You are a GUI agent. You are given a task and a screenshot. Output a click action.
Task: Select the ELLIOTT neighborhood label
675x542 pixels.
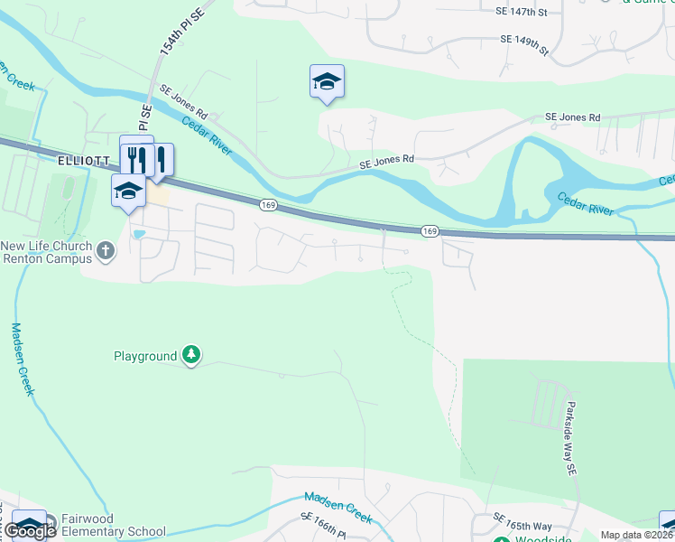pyautogui.click(x=82, y=161)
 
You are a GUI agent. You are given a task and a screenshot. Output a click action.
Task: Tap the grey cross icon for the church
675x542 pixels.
pyautogui.click(x=106, y=250)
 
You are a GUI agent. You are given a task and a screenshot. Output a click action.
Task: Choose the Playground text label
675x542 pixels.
pyautogui.click(x=145, y=356)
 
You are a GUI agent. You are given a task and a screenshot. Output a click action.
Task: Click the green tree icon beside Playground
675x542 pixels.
pyautogui.click(x=190, y=355)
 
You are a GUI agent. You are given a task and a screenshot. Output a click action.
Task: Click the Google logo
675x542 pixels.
pyautogui.click(x=29, y=531)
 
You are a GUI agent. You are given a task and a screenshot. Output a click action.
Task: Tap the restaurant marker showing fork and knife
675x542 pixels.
pyautogui.click(x=137, y=158)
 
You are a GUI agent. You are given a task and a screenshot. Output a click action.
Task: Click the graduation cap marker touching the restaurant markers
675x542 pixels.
pyautogui.click(x=128, y=191)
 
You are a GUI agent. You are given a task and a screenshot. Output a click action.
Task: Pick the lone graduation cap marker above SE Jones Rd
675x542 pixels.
pyautogui.click(x=327, y=82)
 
